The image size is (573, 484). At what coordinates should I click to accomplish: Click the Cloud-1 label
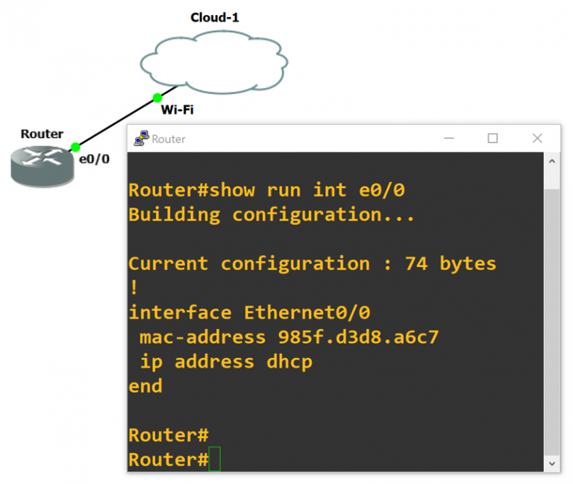214,17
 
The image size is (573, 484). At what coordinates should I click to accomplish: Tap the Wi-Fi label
178,110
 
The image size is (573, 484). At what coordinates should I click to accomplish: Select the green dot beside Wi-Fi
157,98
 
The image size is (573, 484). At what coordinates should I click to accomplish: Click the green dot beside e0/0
75,147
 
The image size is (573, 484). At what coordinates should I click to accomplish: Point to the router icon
43,165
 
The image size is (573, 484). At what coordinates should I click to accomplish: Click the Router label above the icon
42,134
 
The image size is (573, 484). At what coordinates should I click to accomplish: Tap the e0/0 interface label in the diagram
94,159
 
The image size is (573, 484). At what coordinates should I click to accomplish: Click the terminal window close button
537,138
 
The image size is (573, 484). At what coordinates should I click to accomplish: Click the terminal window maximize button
492,138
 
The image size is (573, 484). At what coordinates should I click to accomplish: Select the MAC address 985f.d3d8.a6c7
358,337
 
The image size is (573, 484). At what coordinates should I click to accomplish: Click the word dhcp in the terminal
289,362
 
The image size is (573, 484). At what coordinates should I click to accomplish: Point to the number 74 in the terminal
416,263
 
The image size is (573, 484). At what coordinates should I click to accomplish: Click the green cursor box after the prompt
215,459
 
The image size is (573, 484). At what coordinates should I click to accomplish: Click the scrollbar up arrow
552,161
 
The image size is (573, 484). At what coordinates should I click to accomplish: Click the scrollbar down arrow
552,463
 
